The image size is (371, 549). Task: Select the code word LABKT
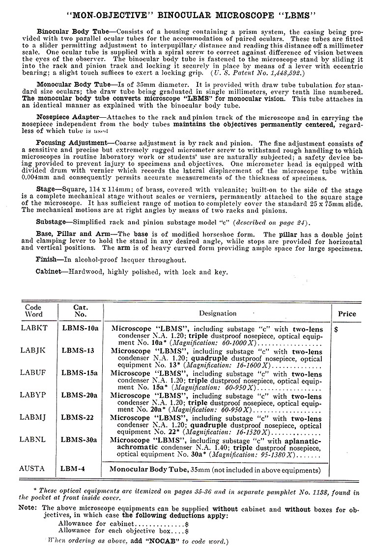34,326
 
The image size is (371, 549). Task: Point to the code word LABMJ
34,418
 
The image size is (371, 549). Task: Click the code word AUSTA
33,469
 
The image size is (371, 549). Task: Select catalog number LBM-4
73,469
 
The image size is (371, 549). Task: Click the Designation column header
218,313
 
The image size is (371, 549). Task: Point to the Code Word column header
34,311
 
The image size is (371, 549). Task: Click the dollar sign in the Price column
336,330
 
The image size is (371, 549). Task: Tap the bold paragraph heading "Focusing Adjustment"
70,142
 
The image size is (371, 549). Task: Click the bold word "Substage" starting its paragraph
52,222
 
